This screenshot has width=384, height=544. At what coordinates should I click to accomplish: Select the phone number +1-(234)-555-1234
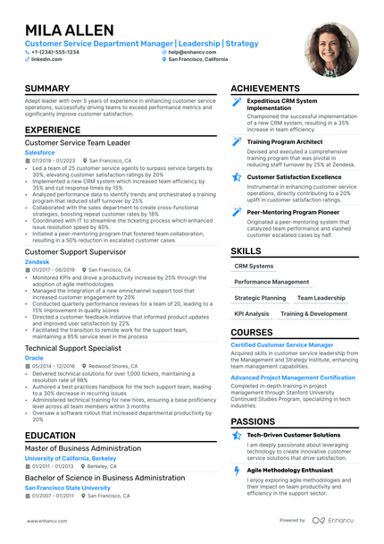point(55,52)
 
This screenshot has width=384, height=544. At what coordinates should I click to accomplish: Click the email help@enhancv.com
point(192,52)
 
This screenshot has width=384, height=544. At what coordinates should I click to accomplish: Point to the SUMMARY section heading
point(48,89)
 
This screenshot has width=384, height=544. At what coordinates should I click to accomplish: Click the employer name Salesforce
point(39,153)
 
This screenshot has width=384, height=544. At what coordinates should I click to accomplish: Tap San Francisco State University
point(71,488)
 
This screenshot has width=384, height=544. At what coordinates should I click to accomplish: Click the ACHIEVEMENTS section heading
point(271,89)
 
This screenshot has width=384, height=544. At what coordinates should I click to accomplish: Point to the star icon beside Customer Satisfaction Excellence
point(237,177)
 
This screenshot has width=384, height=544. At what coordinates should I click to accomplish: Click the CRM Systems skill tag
point(254,266)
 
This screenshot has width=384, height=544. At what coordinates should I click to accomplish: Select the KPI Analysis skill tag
point(251,314)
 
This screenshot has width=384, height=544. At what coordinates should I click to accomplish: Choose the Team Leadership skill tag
point(321,298)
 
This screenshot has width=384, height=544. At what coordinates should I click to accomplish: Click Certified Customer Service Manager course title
point(282,344)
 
